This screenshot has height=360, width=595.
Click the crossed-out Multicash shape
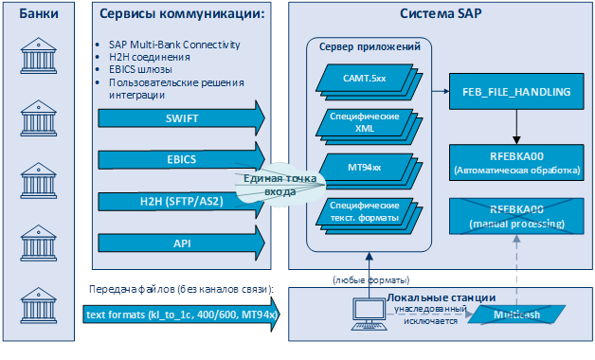pyautogui.click(x=518, y=314)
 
